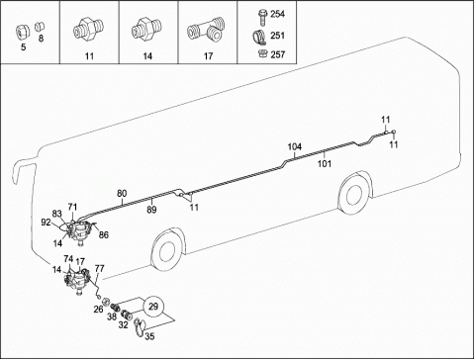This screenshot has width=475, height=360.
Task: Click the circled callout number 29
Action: point(153,307)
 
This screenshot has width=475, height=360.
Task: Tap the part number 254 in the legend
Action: point(277,14)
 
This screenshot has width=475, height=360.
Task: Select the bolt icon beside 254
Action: point(262,18)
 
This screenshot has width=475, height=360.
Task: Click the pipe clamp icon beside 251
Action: point(261,37)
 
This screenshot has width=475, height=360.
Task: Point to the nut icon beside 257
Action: point(262,53)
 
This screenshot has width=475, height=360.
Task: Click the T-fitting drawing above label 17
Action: point(206,31)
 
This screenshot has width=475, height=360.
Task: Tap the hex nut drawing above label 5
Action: point(23,33)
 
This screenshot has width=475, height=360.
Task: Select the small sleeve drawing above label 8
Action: point(41,27)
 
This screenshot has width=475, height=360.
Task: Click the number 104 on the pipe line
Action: point(295,147)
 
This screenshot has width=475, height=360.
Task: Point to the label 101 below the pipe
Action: point(325,163)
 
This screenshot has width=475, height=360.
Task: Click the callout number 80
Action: point(122,193)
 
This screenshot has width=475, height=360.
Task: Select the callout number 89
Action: point(151,210)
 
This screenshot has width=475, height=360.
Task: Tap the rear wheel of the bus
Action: point(354,193)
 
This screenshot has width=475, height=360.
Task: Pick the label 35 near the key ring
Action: point(149,336)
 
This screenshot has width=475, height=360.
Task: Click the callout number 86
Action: point(104,235)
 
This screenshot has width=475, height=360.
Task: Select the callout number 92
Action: point(46,223)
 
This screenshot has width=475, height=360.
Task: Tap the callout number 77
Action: point(100,269)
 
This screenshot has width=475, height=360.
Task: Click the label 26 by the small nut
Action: point(98,310)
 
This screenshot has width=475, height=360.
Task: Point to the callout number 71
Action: point(72,207)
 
